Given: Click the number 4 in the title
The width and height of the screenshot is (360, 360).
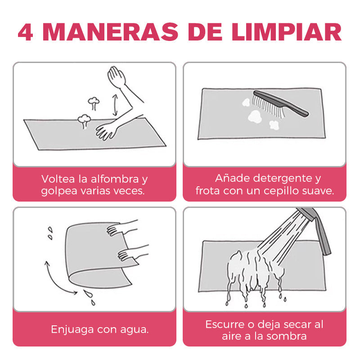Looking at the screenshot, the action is coord(26,32).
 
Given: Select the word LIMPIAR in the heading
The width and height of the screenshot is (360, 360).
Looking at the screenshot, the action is coord(287,32).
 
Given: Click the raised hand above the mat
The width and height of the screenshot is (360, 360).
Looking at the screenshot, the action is coord(117,77).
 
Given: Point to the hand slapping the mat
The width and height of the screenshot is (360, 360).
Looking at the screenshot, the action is coord(106,131).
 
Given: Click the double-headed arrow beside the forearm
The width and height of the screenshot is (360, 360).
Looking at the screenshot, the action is coord(115,105).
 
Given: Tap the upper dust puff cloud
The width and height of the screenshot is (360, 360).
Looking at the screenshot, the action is coord(94,103).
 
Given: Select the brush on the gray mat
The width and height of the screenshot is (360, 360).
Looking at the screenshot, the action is coord(280,104).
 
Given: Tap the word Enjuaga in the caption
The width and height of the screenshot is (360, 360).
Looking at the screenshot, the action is coord(72,330).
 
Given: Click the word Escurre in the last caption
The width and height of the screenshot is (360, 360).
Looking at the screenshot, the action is coord(225,324).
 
